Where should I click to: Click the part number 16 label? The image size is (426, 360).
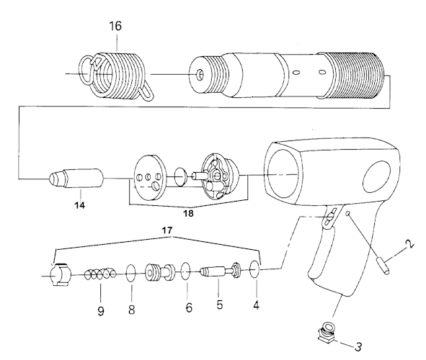(115, 26)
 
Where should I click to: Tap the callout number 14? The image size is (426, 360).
(80, 205)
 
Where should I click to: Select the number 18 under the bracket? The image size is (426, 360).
(188, 214)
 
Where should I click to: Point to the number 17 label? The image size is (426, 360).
(167, 230)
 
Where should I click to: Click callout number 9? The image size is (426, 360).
(100, 311)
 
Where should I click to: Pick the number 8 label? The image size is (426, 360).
(131, 310)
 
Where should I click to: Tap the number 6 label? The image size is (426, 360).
(189, 307)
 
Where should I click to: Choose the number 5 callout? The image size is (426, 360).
(220, 305)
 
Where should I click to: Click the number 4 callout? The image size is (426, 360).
(256, 305)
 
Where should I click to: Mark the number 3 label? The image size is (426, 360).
(358, 346)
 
